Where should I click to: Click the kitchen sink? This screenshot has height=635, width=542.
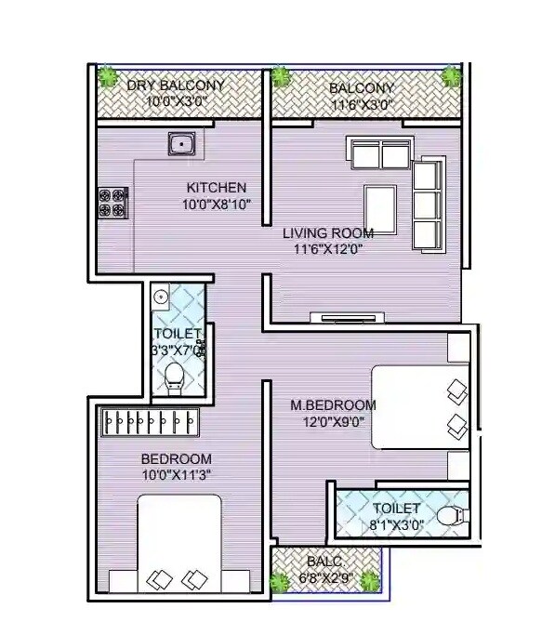click(180, 143)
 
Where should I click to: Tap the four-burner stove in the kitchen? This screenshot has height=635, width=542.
click(112, 204)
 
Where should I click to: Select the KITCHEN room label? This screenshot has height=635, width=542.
click(216, 187)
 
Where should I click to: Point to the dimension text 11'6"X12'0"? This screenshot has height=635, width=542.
click(328, 249)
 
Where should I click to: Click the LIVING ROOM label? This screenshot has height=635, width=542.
click(328, 232)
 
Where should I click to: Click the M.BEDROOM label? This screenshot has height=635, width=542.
click(333, 404)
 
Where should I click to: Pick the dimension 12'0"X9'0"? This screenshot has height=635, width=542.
click(333, 420)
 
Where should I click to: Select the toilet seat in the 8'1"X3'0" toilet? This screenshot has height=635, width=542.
click(450, 516)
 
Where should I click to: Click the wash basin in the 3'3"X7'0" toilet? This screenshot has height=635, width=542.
click(161, 298)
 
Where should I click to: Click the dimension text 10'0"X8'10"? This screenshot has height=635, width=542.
click(216, 204)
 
